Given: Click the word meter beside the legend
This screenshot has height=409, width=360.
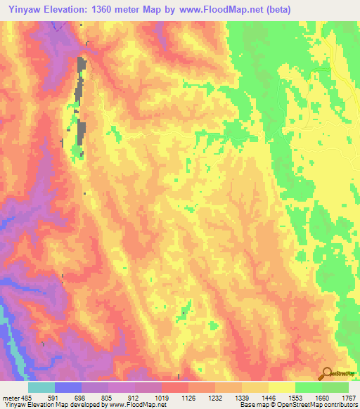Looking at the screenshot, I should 11,397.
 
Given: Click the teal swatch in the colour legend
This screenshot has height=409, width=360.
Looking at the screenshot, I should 41,387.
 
